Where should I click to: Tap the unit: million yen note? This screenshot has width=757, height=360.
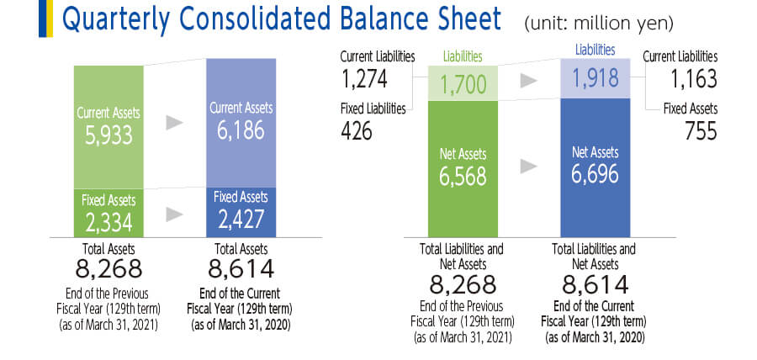(599, 24)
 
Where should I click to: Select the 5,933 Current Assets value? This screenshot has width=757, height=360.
(109, 136)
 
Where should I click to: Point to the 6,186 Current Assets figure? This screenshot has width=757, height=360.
(241, 130)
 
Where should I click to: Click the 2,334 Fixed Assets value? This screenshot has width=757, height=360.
(109, 221)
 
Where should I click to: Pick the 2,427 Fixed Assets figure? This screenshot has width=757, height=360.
(241, 219)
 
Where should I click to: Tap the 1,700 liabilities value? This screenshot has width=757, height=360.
(463, 86)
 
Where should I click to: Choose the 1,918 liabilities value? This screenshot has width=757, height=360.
(595, 77)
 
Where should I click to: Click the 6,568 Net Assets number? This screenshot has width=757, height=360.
(463, 177)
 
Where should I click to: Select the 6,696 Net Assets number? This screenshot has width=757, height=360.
(595, 174)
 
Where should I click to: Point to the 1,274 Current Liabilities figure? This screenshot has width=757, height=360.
(364, 79)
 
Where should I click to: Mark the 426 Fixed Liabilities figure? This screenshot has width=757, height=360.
(357, 130)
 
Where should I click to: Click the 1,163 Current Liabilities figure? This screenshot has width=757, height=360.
(694, 79)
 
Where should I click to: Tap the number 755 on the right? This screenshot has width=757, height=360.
(701, 130)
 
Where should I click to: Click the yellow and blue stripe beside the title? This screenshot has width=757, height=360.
(45, 19)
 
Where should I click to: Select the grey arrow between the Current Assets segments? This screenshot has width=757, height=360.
(174, 123)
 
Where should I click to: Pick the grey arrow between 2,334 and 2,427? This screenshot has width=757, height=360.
(174, 214)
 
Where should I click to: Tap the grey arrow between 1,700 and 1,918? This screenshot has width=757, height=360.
(529, 82)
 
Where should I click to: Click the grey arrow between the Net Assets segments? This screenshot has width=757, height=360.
(529, 167)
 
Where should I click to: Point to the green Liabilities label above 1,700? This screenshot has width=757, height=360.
(463, 57)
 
